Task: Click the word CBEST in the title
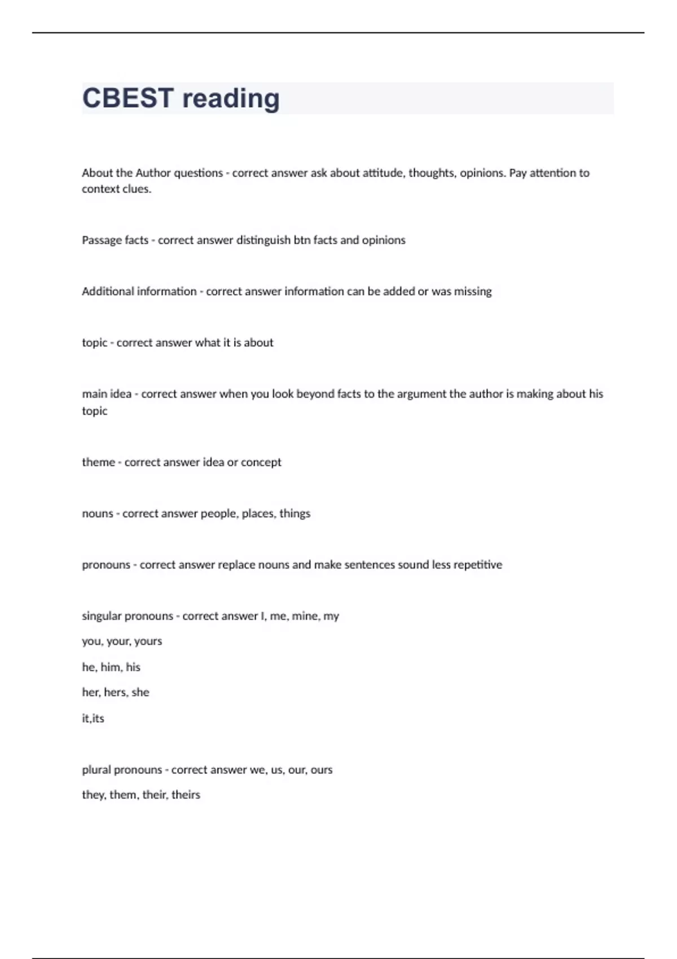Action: (128, 98)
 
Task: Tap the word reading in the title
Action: (231, 99)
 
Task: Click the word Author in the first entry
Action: (153, 173)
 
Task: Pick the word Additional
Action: (108, 291)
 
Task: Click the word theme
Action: (98, 462)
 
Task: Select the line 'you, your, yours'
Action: (122, 641)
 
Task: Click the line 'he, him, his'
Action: (111, 667)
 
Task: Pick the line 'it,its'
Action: (93, 718)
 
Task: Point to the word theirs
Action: (186, 795)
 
